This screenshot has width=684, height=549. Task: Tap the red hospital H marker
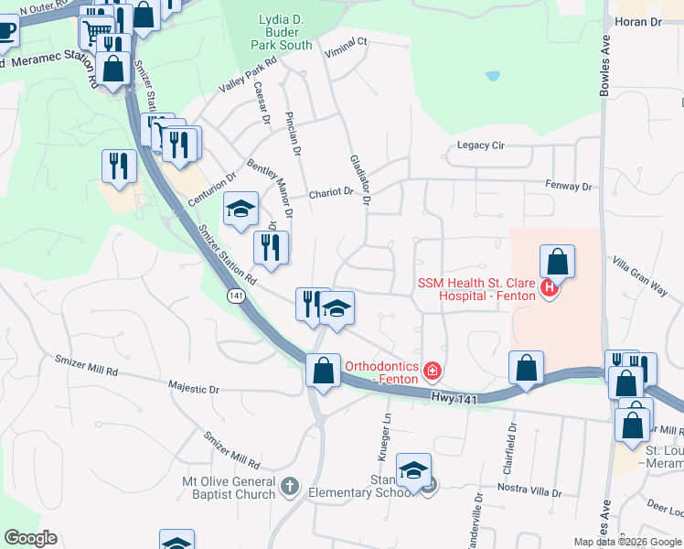pos(549,289)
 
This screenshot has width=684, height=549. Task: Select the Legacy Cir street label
pos(481,145)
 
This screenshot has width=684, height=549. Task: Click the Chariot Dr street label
pos(330,193)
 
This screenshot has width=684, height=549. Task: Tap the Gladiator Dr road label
pos(359,179)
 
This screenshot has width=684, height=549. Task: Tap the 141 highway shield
pos(235,297)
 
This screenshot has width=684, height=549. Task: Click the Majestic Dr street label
pos(194,389)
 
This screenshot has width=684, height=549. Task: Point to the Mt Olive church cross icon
pos(290,486)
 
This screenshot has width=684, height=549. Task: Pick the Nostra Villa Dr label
pos(529,490)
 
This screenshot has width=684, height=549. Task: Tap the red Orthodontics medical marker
pos(431,371)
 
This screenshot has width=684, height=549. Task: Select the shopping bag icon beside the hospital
pos(557,262)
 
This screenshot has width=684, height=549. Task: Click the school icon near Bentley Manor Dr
pos(240,210)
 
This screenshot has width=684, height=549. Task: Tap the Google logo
pos(30,538)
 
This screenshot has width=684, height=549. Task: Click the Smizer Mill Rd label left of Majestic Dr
pos(87,371)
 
